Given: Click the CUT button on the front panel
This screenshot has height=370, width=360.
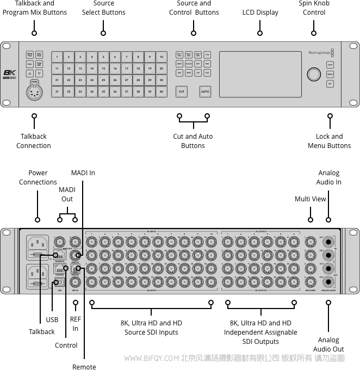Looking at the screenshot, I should coord(182,92).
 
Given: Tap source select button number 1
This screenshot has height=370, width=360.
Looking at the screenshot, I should coord(57,57).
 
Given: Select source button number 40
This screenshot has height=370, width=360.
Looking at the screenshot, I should coord(162,92).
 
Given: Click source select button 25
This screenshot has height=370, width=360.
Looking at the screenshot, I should coord(103,80).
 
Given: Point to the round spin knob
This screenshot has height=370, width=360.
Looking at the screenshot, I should coord(314,75).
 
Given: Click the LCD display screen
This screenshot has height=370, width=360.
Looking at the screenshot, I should coord(260,74).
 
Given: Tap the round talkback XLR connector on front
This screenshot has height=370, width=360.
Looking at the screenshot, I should coord(34,92).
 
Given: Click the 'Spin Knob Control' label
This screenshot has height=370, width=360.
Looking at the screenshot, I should coord(314,8).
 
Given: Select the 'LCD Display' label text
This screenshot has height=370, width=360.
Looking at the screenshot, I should coord(260,12).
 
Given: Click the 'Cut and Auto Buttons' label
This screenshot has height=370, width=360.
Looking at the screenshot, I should coord(193,141).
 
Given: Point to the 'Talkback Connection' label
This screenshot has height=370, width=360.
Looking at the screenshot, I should coord(34,141).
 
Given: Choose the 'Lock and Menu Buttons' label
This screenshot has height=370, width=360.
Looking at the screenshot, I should coord(329,141).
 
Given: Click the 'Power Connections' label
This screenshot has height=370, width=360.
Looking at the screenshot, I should coord(38,177).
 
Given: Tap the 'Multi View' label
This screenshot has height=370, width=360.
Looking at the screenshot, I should coord(311,199).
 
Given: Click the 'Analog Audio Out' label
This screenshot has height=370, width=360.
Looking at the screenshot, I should coord(328,344).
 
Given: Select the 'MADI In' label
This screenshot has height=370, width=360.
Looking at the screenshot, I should coord(83,173).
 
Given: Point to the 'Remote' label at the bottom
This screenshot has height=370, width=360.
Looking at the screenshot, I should coord(84,367).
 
